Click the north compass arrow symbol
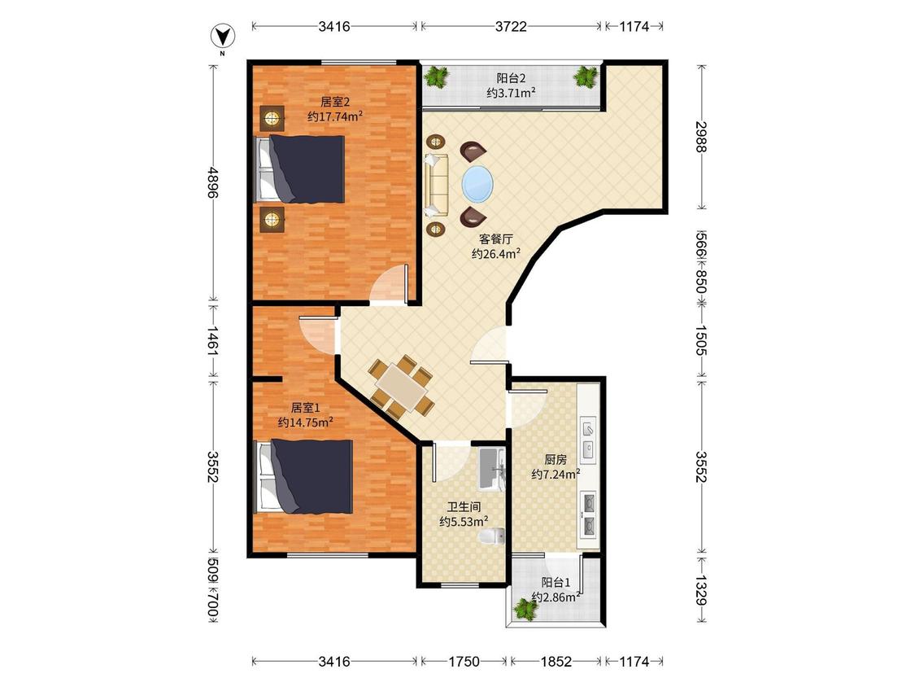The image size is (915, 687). (x=222, y=37)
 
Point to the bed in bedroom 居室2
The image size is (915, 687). (x=299, y=169)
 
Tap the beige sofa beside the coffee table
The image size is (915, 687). (x=436, y=185)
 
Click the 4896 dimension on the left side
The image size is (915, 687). (x=211, y=182)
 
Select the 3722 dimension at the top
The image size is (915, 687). (x=511, y=26)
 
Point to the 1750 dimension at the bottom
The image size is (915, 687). (x=464, y=661)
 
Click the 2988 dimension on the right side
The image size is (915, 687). (x=701, y=136)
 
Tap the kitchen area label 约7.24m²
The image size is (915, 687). (x=556, y=474)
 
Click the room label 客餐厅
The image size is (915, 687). (x=496, y=239)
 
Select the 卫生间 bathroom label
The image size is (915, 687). (x=464, y=507)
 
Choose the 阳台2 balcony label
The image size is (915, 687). (x=512, y=78)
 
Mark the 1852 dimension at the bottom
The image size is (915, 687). (x=556, y=661)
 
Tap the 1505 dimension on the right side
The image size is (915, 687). (x=701, y=340)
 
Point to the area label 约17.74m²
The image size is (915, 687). (x=335, y=116)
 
